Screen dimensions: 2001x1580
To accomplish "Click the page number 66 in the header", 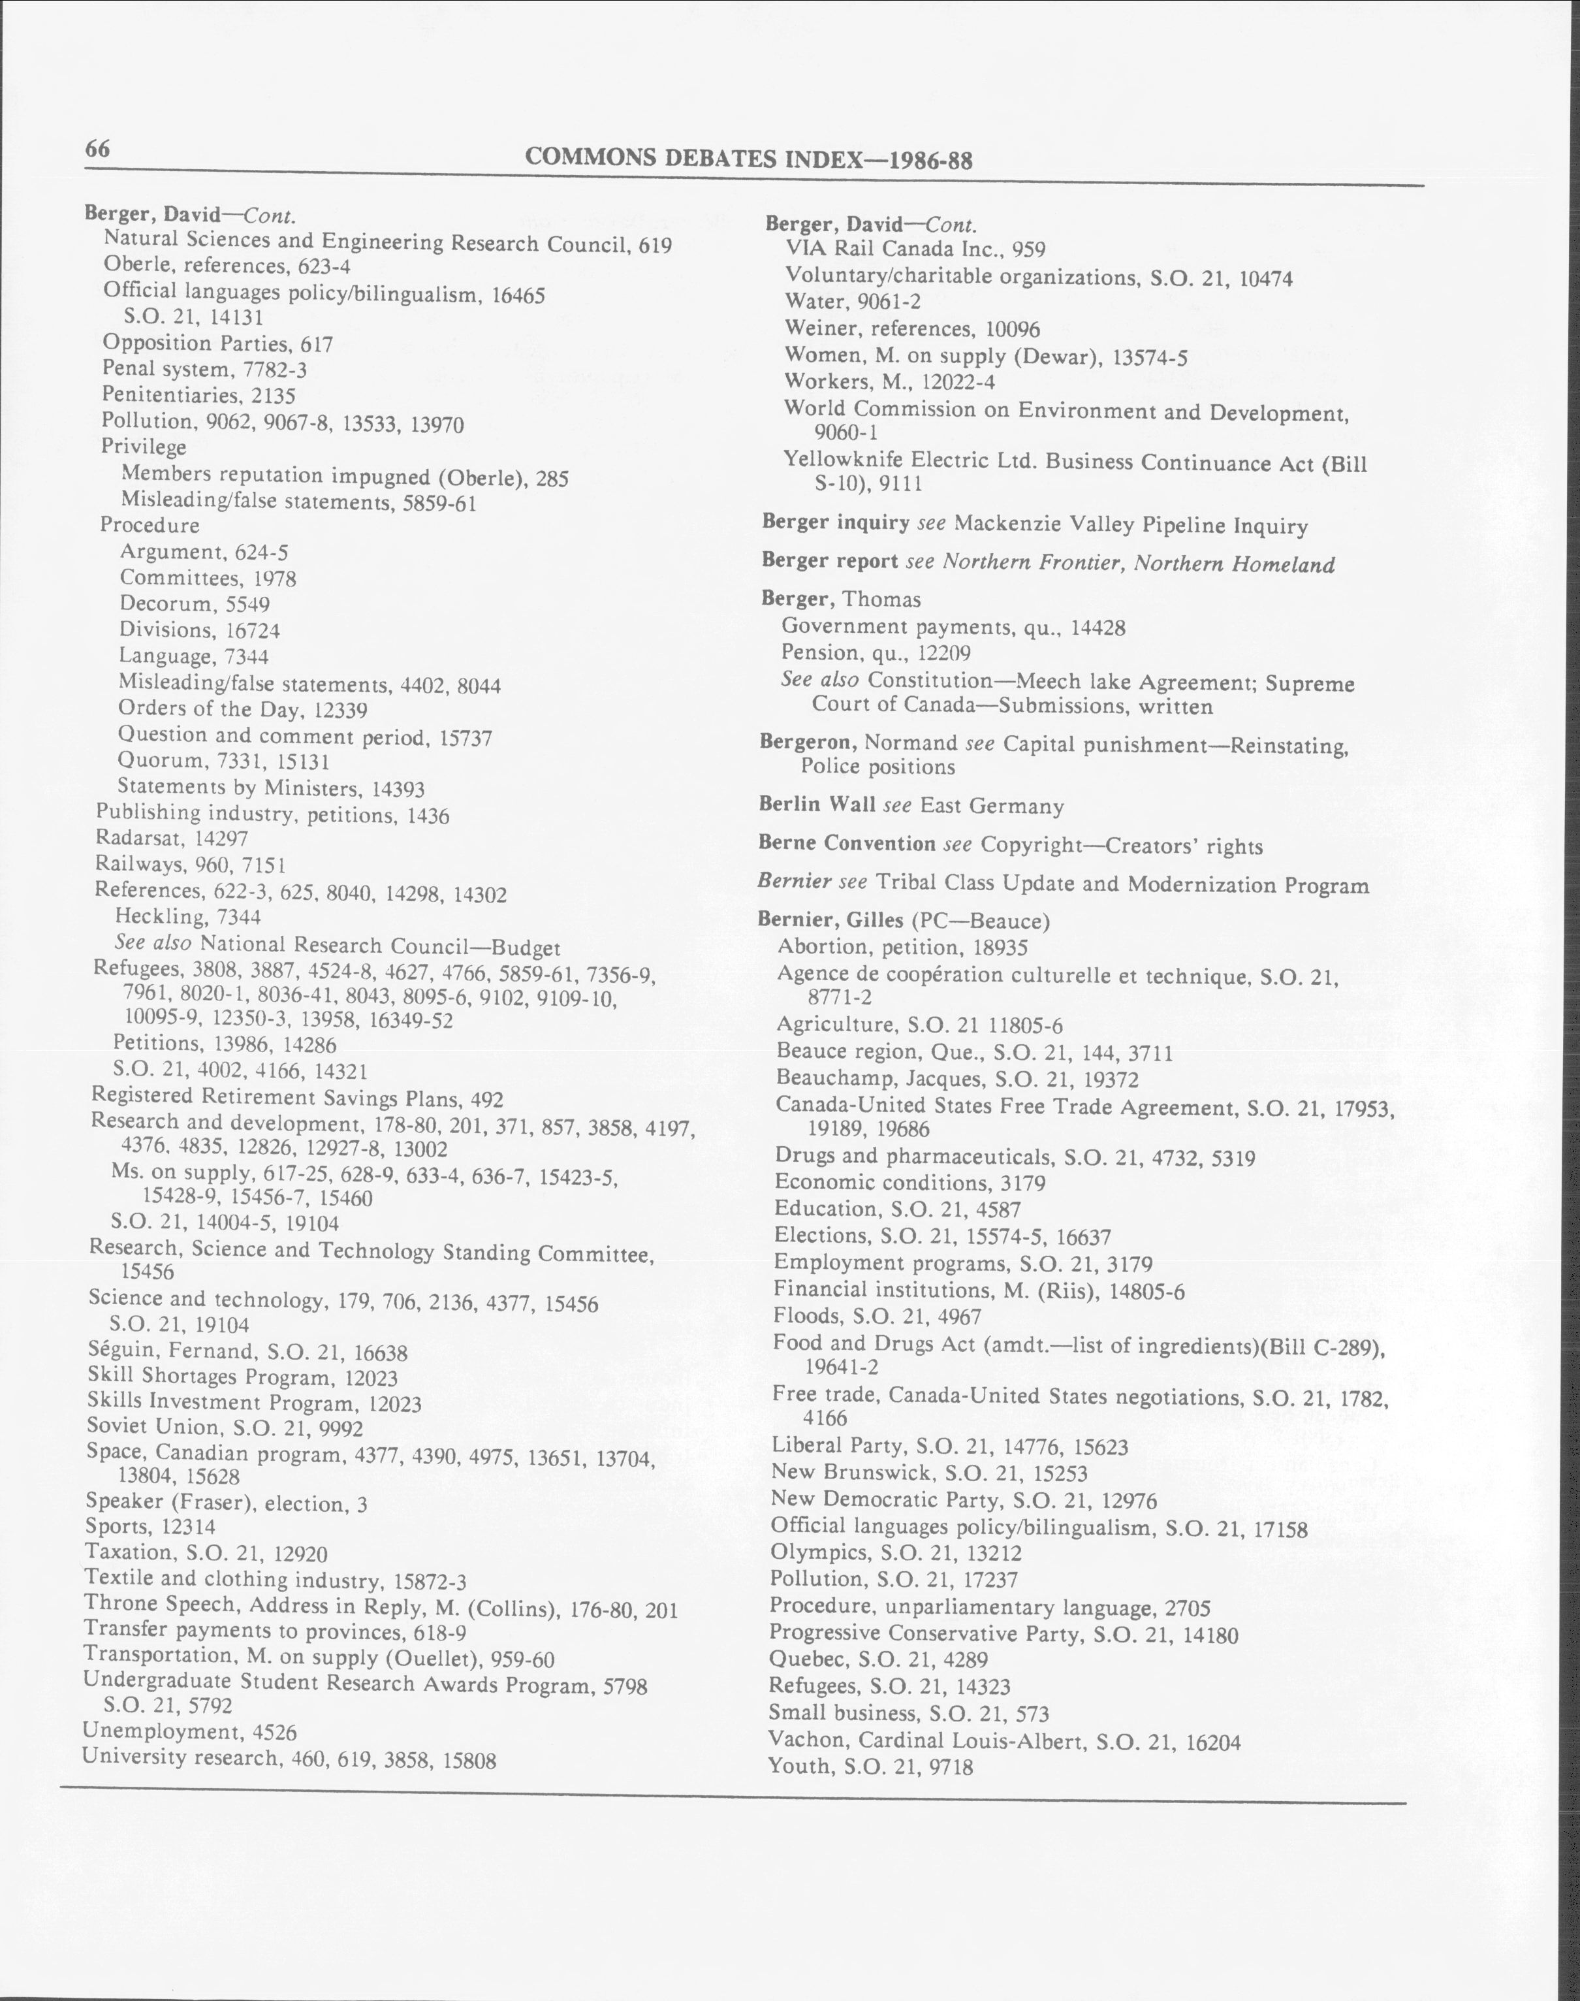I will (x=98, y=149).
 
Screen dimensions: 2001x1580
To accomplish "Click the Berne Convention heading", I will (x=846, y=844).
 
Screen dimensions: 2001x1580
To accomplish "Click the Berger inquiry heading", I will (x=835, y=522).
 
